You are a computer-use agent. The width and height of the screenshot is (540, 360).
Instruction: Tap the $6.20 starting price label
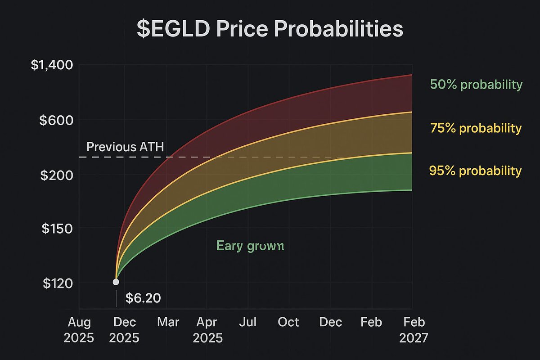pyautogui.click(x=143, y=298)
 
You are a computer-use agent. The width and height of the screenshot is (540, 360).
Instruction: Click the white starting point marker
pyautogui.click(x=116, y=282)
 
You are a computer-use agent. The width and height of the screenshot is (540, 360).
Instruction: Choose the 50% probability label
pyautogui.click(x=476, y=85)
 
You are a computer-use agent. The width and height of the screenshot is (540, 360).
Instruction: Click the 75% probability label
pyautogui.click(x=476, y=128)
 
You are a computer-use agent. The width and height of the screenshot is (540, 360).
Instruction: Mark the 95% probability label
pyautogui.click(x=476, y=171)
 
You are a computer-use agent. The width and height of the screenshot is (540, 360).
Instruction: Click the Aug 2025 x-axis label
pyautogui.click(x=79, y=330)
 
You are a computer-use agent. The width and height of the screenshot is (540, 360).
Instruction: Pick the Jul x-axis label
pyautogui.click(x=247, y=323)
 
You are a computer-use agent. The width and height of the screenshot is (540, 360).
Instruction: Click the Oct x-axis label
pyautogui.click(x=288, y=323)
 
